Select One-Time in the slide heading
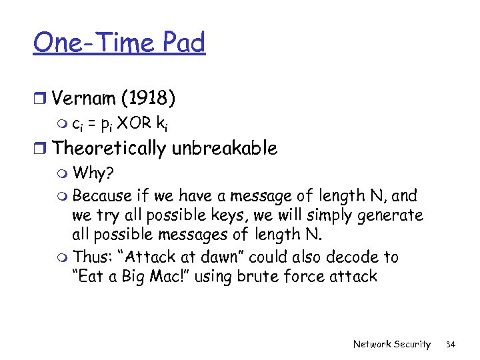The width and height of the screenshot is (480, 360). click(x=90, y=43)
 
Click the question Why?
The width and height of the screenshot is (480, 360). click(x=93, y=175)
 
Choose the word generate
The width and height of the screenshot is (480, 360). click(x=392, y=216)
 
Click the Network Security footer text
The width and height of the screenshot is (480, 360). click(x=391, y=344)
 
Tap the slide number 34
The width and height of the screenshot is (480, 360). click(x=450, y=344)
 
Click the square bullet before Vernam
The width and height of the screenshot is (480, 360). click(x=39, y=99)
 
